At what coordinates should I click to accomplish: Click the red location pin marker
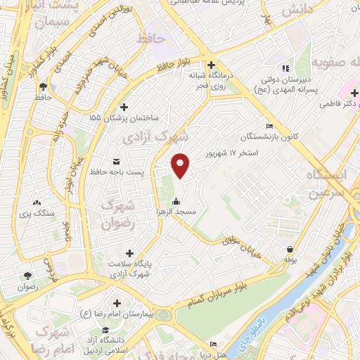click(x=181, y=166)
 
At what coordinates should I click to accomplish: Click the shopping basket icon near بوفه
click(x=290, y=248)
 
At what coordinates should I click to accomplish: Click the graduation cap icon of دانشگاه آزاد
click(x=105, y=330)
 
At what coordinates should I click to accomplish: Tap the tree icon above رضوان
click(x=27, y=276)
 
